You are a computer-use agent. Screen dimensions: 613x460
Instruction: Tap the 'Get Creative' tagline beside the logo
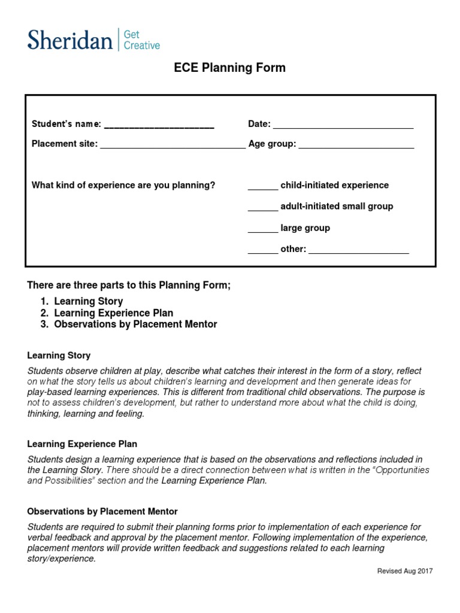click(x=141, y=40)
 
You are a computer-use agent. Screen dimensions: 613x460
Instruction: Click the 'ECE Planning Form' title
click(x=230, y=68)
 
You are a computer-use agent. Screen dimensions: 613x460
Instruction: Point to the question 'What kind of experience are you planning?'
click(x=123, y=186)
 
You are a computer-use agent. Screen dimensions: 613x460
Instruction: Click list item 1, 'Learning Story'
click(x=88, y=302)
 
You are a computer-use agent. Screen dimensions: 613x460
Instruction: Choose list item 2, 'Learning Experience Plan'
click(x=113, y=313)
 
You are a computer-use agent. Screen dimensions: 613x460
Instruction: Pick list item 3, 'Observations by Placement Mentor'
click(x=135, y=324)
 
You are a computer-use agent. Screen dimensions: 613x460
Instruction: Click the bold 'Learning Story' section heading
click(x=59, y=356)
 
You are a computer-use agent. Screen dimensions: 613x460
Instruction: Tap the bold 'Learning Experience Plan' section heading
click(x=83, y=444)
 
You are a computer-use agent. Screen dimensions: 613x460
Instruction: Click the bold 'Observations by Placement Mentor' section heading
click(x=102, y=512)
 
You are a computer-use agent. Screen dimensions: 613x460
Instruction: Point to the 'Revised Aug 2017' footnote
click(x=405, y=571)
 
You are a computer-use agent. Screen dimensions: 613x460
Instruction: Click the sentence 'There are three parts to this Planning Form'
click(x=129, y=286)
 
